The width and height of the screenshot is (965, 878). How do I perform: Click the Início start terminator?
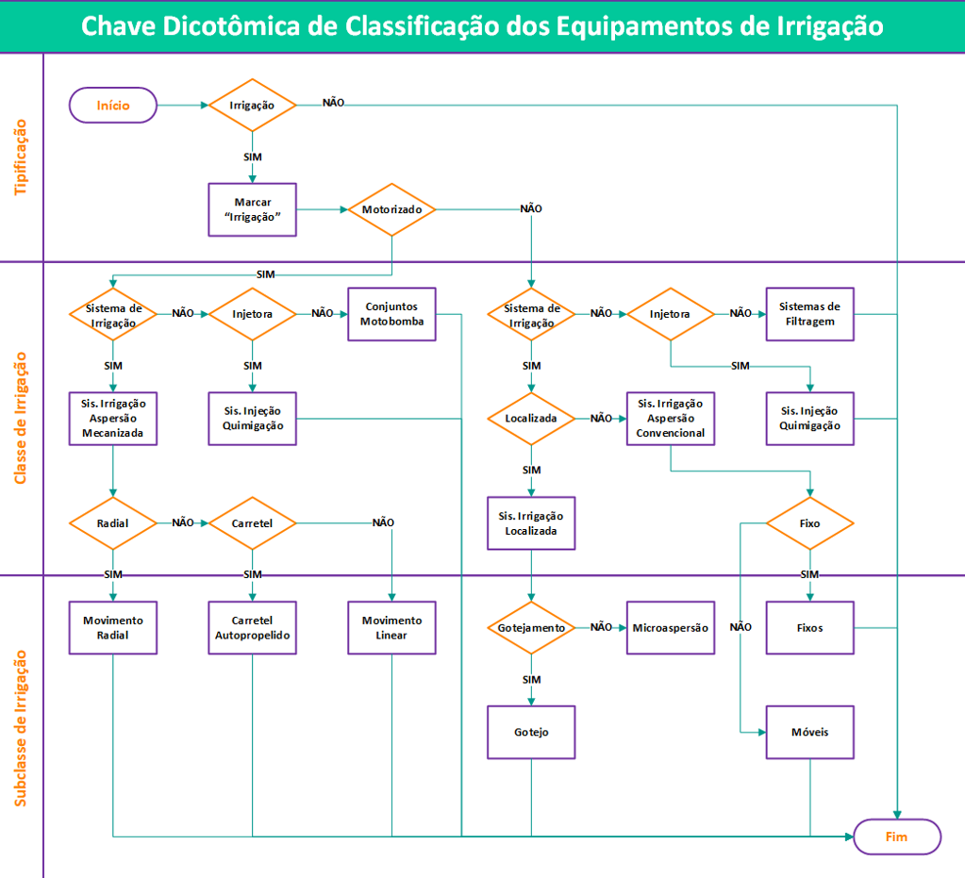pyautogui.click(x=113, y=105)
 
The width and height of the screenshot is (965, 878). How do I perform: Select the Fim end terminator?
pyautogui.click(x=897, y=837)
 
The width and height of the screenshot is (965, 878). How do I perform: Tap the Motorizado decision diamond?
pyautogui.click(x=391, y=208)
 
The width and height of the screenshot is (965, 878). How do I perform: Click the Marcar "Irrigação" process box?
pyautogui.click(x=252, y=209)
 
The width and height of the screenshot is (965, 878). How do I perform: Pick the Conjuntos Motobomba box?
pyautogui.click(x=391, y=314)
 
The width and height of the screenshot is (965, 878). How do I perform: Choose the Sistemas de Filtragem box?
pyautogui.click(x=809, y=314)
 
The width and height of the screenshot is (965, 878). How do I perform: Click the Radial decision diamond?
pyautogui.click(x=113, y=522)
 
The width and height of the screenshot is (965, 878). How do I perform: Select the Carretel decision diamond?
pyautogui.click(x=252, y=522)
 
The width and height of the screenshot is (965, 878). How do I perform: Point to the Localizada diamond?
pyautogui.click(x=531, y=418)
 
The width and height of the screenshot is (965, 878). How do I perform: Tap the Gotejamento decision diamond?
pyautogui.click(x=531, y=627)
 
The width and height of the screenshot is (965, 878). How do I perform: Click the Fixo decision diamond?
pyautogui.click(x=809, y=522)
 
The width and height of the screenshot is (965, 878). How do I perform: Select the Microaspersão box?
pyautogui.click(x=670, y=627)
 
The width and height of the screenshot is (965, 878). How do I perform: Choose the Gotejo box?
pyautogui.click(x=531, y=732)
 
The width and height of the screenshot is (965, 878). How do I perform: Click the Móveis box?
pyautogui.click(x=809, y=732)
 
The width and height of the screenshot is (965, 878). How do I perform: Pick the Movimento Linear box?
pyautogui.click(x=391, y=627)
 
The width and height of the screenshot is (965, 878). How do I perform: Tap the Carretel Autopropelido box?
pyautogui.click(x=252, y=627)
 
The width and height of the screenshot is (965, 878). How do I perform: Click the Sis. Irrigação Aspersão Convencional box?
pyautogui.click(x=670, y=418)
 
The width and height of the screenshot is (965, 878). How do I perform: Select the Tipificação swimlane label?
pyautogui.click(x=21, y=157)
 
